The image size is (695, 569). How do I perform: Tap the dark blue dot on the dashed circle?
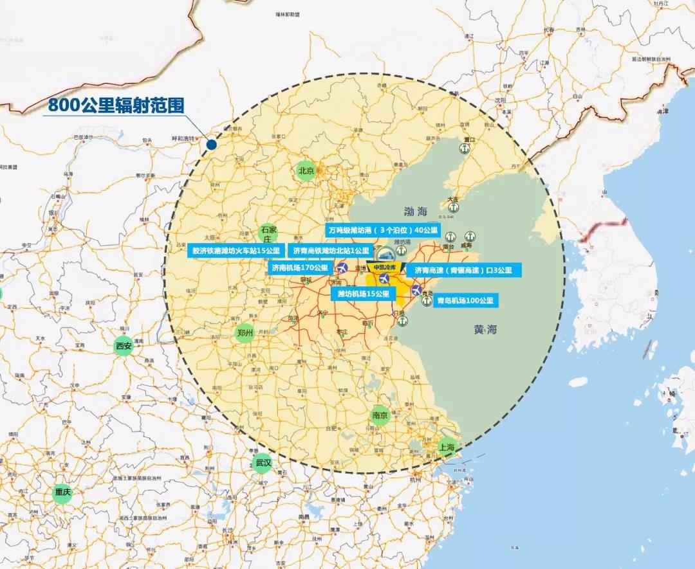coord(212,144)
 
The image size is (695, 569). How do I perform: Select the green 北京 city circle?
coord(306,170)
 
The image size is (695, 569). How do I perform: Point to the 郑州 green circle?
coord(245,333)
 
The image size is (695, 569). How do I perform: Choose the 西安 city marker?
coord(123,346)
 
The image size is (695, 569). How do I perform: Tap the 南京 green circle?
coord(380,415)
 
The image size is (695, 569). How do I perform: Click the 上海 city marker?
coord(446,446)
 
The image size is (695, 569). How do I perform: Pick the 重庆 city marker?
coord(62,492)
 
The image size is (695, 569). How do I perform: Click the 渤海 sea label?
coord(416,211)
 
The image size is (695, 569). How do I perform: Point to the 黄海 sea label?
coord(486,330)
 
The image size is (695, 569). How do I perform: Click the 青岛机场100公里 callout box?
coord(465,300)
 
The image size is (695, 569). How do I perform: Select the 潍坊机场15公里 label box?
coord(364,294)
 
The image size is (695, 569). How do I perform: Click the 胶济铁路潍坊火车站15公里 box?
coord(236,250)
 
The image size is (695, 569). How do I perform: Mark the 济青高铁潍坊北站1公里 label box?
coord(331,250)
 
